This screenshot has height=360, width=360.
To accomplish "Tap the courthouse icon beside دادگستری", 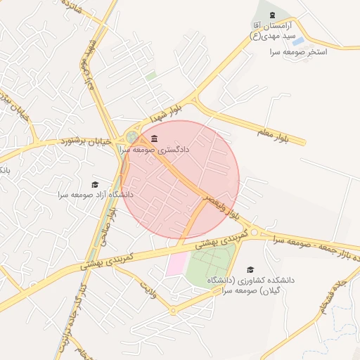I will coord(154,138).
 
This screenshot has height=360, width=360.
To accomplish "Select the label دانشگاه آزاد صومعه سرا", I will coord(96,194).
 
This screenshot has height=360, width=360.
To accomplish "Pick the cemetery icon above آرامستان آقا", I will coord(272,15).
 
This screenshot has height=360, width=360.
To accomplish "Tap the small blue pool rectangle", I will coord(298,41).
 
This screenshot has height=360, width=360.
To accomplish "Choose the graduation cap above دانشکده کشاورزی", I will coord(250,269).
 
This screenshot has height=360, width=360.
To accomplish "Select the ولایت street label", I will coord(146,287).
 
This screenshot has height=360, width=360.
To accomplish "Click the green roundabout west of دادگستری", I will coord(131,137).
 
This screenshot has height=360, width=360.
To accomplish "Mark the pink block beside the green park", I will coord(176,265).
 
